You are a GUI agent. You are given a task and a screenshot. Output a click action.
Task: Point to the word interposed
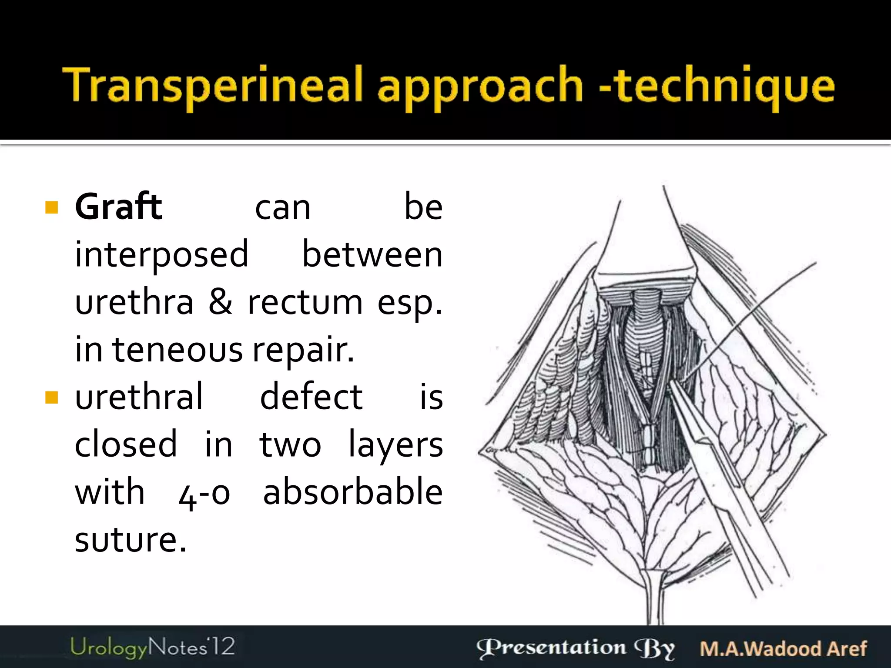point(161,255)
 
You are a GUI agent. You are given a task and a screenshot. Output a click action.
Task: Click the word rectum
point(305,302)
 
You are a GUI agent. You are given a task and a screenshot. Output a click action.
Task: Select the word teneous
point(178,349)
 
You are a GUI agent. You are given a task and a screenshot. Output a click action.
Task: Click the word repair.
point(303,350)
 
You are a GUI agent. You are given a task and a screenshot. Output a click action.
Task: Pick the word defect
point(311,397)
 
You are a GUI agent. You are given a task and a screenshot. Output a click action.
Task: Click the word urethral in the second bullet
point(139,397)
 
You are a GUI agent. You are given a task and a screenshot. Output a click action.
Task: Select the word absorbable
point(353,492)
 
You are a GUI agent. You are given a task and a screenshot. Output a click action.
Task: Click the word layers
point(395,445)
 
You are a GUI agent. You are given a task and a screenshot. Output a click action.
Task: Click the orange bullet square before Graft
point(51,207)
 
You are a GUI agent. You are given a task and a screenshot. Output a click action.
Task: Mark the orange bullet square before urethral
point(51,397)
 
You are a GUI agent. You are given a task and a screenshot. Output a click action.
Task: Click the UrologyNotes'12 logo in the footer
point(152,647)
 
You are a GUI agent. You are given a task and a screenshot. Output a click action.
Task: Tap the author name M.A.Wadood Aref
point(783,648)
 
